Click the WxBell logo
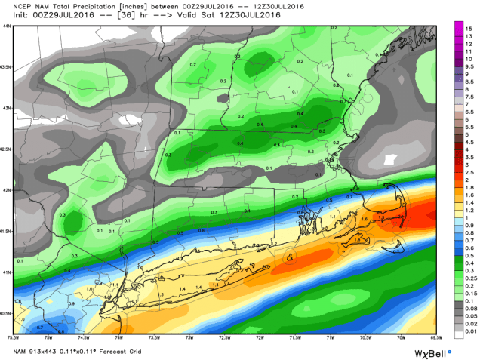click(432, 353)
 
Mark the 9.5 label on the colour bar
click(469, 66)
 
